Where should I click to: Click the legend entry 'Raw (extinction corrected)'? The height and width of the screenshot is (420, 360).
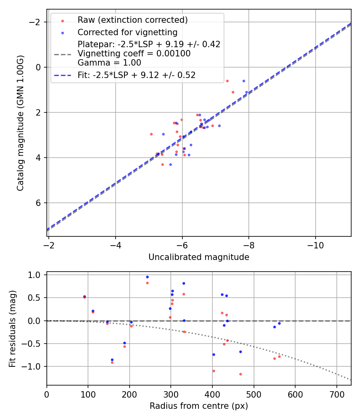132,20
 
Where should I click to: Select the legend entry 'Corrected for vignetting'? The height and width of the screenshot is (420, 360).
127,32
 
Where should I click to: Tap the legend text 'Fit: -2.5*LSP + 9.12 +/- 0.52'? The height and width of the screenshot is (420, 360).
136,75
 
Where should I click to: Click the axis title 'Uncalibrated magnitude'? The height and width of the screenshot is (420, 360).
199,257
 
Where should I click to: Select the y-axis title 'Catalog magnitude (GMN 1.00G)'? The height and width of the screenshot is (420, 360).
21,123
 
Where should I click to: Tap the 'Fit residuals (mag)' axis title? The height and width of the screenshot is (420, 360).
12,328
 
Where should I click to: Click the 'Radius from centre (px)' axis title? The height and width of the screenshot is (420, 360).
199,406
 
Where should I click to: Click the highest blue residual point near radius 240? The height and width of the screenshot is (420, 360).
147,277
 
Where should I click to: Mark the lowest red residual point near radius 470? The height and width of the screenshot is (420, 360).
240,374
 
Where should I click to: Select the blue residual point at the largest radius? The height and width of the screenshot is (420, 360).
279,323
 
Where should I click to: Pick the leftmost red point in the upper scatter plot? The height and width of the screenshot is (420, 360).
151,134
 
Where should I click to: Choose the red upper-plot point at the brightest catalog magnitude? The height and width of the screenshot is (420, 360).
227,81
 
